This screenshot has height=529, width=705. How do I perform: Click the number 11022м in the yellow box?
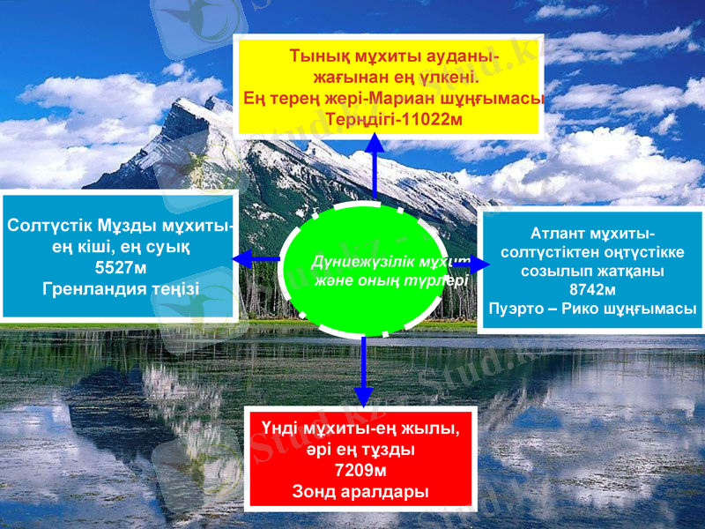coord(428,118)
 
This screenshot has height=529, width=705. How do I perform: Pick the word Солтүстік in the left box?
coord(44,226)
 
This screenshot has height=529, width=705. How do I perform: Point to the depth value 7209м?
coord(360,470)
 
